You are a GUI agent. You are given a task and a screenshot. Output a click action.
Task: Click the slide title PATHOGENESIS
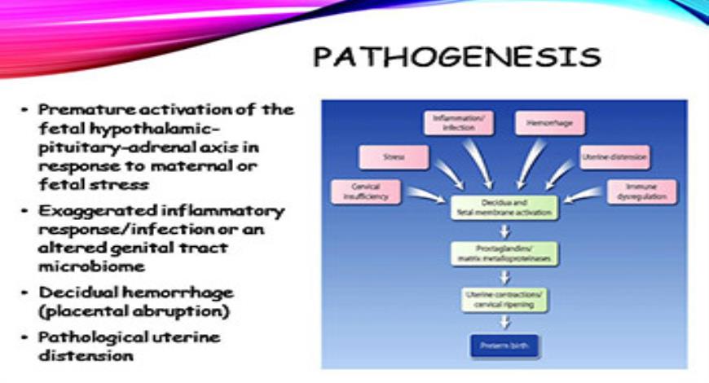(x=457, y=57)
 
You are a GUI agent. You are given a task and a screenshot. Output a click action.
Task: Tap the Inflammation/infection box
(x=457, y=123)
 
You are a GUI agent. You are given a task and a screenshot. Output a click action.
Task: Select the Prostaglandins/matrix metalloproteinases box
(x=503, y=253)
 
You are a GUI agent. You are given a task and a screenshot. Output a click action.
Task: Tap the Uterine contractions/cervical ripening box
(x=503, y=298)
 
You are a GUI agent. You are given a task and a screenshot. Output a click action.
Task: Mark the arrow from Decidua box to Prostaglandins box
(x=503, y=231)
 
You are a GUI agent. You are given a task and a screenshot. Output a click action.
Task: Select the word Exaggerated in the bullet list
(x=79, y=212)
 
